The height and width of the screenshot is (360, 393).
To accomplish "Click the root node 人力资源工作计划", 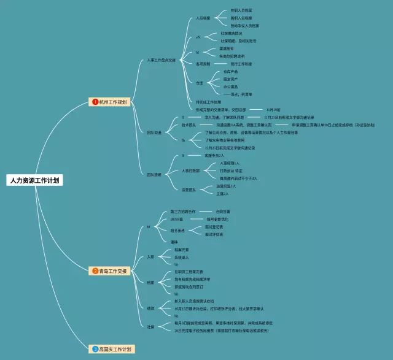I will tap(35, 181).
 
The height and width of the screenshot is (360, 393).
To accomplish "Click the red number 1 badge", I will tap(95, 102).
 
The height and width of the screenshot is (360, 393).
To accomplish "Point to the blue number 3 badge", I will tap(95, 349).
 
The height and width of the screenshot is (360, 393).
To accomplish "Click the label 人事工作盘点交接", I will tap(161, 61).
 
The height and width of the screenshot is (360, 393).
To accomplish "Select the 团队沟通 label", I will tap(154, 132).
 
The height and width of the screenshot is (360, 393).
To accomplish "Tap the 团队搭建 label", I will tap(154, 175).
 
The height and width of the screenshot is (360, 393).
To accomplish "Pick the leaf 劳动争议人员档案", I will tap(245, 26).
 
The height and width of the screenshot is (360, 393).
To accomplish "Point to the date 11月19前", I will tap(273, 109).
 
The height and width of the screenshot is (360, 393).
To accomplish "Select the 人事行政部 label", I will tap(191, 170).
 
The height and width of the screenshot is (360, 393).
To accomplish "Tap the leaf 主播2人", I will tap(222, 194).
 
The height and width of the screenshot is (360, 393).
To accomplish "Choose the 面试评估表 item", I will tap(214, 234).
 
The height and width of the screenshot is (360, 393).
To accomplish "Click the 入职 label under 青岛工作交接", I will tap(150, 256).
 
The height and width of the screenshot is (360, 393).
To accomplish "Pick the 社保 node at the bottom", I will tap(150, 327).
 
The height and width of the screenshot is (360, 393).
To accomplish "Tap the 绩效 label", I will tap(150, 307).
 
